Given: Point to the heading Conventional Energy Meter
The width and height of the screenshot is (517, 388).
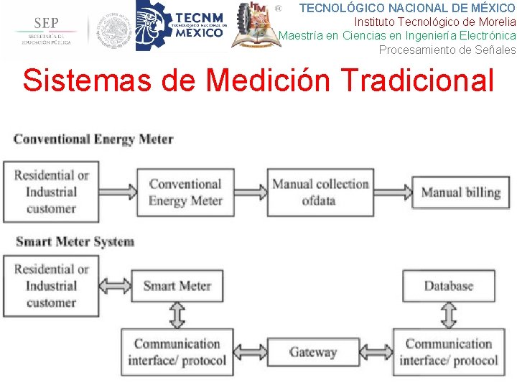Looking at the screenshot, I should pos(93,139).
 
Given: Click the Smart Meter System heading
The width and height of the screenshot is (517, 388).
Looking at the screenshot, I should pos(75,241).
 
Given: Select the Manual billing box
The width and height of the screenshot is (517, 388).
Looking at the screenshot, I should pos(460,192).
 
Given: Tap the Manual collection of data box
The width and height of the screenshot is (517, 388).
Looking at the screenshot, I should pos(320,192).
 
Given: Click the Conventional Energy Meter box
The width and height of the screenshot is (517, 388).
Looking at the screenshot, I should pos(186,192).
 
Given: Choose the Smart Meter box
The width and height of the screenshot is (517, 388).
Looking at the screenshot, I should pos(177,286).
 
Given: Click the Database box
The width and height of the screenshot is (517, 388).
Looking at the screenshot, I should pos(448,286).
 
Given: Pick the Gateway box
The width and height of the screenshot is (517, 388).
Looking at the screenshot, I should pos(312,352).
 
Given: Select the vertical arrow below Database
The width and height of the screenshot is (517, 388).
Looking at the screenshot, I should pos(448,315).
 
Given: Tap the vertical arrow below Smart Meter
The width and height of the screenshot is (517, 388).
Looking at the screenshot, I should pos(177,315).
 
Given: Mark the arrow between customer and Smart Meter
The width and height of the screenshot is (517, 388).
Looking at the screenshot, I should pos(115,286).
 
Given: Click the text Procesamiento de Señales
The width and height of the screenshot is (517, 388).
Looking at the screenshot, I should pos(447,50).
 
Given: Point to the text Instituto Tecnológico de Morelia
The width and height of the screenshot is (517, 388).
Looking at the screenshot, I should pos(435,22).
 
